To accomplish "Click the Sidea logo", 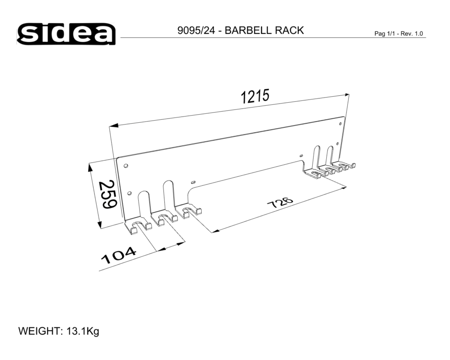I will point(67,33).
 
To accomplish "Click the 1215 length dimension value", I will point(255,96).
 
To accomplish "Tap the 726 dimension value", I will point(280,203).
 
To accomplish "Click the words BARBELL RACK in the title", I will point(264,31).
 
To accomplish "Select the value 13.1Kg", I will point(83,332).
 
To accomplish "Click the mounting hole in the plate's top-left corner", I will point(126,165).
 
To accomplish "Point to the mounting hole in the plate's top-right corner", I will point(340,120).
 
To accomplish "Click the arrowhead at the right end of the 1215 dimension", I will point(346,94).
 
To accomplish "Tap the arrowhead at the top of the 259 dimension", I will point(90,167).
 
